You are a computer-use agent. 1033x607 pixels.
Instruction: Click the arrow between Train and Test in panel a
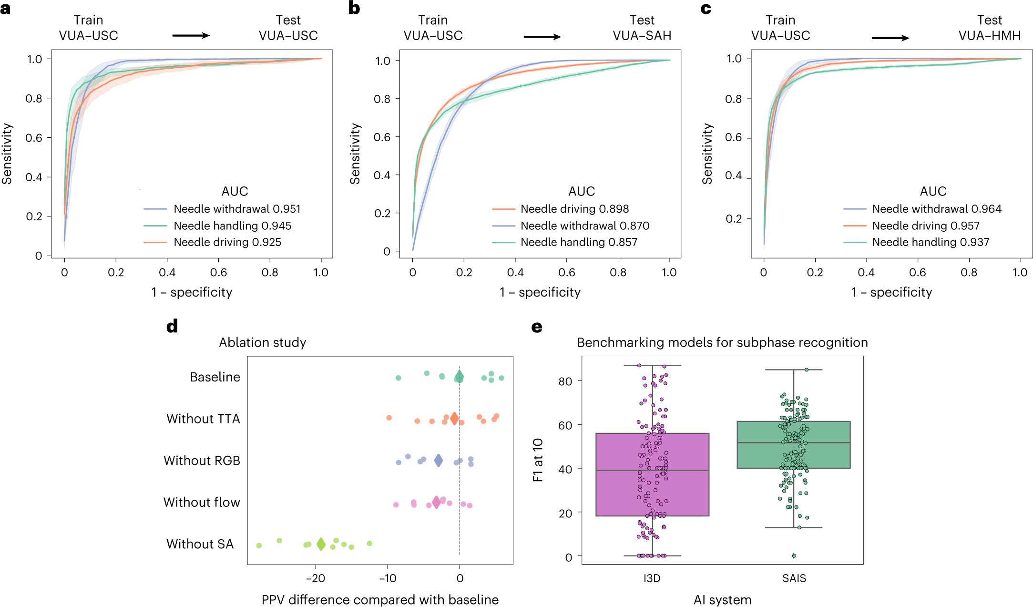click(x=191, y=35)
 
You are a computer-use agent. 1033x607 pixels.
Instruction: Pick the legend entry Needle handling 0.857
click(x=579, y=242)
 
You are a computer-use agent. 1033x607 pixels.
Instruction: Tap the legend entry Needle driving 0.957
click(x=925, y=226)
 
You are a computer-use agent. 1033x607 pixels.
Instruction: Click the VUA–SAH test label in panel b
click(x=642, y=35)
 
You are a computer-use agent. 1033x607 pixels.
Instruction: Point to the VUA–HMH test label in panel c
click(x=990, y=35)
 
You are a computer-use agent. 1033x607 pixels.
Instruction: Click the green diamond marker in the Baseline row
click(x=459, y=376)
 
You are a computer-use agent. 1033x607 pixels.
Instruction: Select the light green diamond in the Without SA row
click(x=321, y=544)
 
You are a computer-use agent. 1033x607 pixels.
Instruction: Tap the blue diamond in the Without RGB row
click(x=439, y=460)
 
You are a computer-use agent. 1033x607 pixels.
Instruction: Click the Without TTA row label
click(x=203, y=419)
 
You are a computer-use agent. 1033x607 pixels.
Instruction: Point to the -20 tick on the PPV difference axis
click(x=315, y=578)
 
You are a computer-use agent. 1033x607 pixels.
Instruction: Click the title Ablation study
click(x=262, y=342)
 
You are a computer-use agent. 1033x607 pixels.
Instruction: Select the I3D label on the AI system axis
click(x=652, y=578)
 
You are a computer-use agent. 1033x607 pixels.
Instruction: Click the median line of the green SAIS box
click(x=793, y=442)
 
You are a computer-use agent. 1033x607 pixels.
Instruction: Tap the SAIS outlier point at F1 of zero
click(x=794, y=556)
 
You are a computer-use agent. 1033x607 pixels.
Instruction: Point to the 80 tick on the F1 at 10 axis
click(x=565, y=381)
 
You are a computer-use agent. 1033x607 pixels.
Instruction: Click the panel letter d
click(x=172, y=326)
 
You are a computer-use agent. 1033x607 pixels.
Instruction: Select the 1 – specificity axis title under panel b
click(x=540, y=292)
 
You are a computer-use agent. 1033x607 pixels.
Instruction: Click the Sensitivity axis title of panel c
click(x=707, y=154)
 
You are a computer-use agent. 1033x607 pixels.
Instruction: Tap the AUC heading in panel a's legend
click(x=235, y=191)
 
